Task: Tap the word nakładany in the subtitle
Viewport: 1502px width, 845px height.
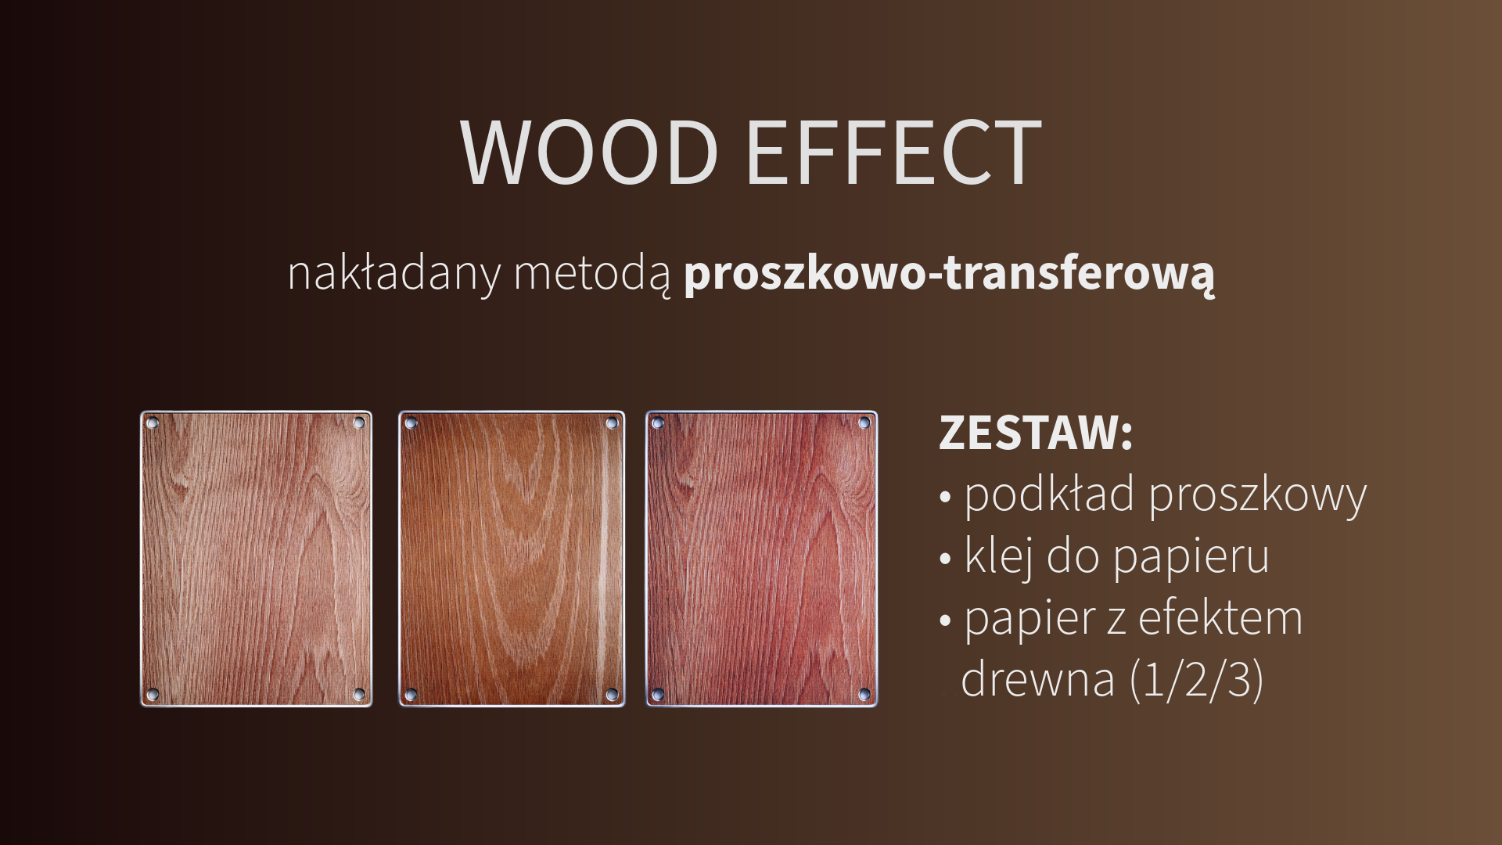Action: (393, 274)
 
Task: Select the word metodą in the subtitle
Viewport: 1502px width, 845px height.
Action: (592, 274)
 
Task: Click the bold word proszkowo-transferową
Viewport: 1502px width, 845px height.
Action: (950, 274)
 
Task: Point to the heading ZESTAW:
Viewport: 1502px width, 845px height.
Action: (1036, 433)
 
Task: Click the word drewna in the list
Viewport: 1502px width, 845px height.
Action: (1037, 678)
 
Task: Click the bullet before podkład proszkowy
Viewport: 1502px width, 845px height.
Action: (946, 498)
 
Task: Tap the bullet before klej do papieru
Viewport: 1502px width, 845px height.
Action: (946, 559)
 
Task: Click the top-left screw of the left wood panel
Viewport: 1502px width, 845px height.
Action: (153, 423)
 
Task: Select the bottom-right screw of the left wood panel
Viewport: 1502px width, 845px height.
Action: (360, 694)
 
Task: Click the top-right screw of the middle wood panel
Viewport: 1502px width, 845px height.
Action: (612, 423)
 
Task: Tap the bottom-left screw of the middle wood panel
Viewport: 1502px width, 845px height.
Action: (411, 694)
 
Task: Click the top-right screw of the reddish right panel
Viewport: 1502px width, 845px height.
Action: (864, 423)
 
